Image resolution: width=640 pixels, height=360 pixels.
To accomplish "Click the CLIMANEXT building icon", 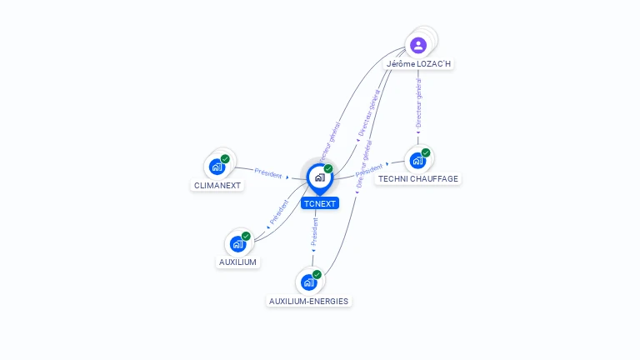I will point(217,166).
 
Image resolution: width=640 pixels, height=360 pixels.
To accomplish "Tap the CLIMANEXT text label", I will point(218,185).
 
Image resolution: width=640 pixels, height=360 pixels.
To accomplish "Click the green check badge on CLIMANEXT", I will point(225,158).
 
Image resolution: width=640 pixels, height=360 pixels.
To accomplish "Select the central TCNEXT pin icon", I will point(319,177).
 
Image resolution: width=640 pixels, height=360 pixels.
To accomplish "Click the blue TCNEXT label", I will point(320,203).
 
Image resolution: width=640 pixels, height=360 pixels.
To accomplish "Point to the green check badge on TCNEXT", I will point(328,169).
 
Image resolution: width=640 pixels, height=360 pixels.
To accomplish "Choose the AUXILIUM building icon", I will point(238,243).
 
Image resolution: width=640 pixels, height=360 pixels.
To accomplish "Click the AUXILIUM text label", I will point(238,262).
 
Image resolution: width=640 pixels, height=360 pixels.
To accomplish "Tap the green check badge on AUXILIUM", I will point(246,236).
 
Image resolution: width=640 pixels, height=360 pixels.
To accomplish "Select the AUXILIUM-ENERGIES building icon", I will point(309,282).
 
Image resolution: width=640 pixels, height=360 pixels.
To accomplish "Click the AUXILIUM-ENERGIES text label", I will point(309,301).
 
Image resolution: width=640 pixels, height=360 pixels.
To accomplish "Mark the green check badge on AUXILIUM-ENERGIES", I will point(317,274).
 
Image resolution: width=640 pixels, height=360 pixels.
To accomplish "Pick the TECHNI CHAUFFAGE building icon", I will point(417,160).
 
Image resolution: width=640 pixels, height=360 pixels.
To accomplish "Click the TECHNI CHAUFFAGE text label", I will point(418,178).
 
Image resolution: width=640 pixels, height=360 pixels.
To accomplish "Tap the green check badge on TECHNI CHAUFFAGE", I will point(426,152).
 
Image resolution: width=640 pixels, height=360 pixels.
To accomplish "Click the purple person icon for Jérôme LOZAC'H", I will point(418,45).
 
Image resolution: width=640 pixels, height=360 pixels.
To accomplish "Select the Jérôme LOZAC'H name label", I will point(419,64).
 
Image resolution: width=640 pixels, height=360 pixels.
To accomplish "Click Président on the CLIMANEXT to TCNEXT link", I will point(268,174).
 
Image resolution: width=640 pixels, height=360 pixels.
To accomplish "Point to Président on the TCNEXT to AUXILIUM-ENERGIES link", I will point(315,232).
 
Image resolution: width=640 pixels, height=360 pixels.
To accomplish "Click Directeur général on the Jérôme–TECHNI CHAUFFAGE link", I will point(418,104).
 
